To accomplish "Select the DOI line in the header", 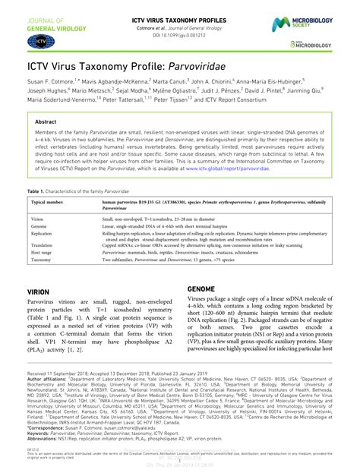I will (179, 35).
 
